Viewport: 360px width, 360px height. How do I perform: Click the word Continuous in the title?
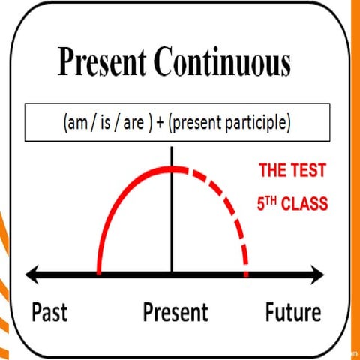click(x=228, y=64)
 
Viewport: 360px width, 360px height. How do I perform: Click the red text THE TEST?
click(x=292, y=171)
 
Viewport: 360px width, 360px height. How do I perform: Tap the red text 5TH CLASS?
click(x=292, y=202)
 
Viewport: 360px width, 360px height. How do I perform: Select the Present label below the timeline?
click(x=175, y=312)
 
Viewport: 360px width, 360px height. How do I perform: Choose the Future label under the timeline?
click(x=292, y=312)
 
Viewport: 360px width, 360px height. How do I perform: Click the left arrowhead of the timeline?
click(x=31, y=275)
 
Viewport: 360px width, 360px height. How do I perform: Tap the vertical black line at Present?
click(x=172, y=225)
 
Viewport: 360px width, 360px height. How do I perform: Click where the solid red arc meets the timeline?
click(x=99, y=274)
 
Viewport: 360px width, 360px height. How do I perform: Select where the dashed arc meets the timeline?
click(x=245, y=274)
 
